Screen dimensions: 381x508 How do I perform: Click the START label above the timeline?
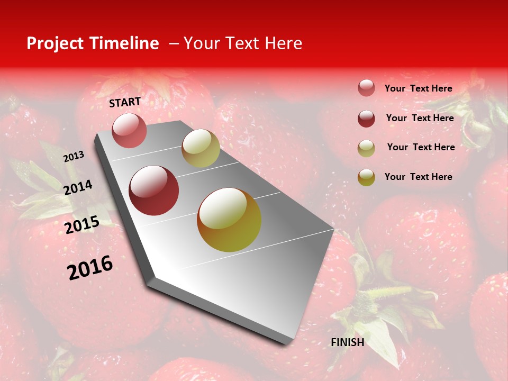125,102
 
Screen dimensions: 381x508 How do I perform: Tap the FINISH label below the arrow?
347,342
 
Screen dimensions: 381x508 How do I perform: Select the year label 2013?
74,157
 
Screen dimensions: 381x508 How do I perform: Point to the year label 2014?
78,187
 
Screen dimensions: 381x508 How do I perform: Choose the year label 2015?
81,224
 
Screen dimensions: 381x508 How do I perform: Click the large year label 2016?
90,267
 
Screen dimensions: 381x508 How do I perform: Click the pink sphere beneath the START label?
129,130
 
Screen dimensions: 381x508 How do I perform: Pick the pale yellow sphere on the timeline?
201,148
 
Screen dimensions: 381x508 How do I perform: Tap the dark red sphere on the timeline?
154,190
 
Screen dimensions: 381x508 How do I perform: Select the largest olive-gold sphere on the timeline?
229,220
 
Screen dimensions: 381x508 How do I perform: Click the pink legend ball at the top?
366,88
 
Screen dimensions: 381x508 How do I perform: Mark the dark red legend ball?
366,118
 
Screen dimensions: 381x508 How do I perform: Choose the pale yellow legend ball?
366,148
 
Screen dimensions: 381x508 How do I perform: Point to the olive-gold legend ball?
366,177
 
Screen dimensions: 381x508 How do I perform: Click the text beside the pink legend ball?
418,88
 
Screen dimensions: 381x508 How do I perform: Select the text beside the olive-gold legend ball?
418,177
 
